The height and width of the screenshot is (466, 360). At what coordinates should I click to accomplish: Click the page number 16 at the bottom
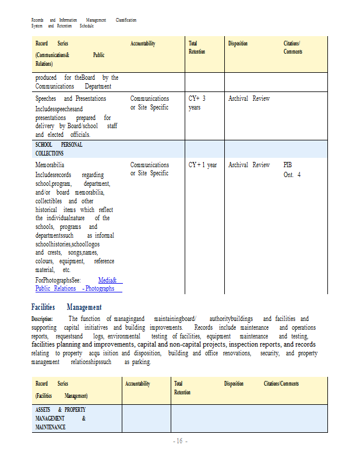[x=179, y=442]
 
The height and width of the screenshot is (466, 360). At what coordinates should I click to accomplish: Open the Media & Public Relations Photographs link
[x=78, y=284]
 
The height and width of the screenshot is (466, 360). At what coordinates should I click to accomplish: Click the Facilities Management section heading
[x=66, y=307]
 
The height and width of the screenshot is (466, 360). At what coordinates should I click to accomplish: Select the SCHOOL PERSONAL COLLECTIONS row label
[x=58, y=149]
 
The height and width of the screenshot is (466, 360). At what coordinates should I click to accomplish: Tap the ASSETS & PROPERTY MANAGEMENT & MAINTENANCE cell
[x=61, y=418]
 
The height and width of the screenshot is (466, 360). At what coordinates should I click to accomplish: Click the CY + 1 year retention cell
[x=202, y=165]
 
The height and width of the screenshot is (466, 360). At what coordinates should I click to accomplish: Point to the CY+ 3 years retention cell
[x=197, y=103]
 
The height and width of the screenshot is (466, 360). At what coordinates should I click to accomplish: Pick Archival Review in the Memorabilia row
[x=249, y=165]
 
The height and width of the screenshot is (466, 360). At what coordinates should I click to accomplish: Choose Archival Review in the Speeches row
[x=249, y=98]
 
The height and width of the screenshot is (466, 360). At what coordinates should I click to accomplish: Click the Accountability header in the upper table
[x=143, y=44]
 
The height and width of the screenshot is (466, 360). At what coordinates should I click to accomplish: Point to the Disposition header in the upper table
[x=238, y=44]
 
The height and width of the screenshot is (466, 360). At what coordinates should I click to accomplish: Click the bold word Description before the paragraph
[x=42, y=319]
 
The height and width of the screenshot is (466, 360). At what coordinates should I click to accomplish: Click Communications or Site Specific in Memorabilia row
[x=149, y=169]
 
